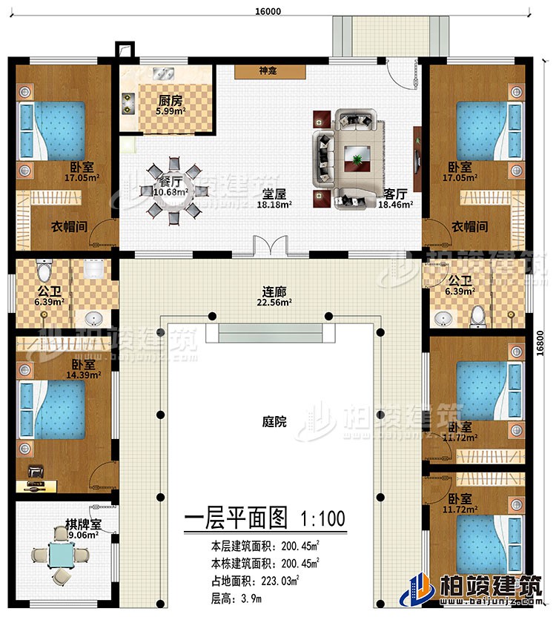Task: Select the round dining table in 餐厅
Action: (172, 190)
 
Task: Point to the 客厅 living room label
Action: (394, 194)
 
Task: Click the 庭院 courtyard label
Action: (274, 421)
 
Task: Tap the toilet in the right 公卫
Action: (478, 315)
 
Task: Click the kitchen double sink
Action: (165, 73)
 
